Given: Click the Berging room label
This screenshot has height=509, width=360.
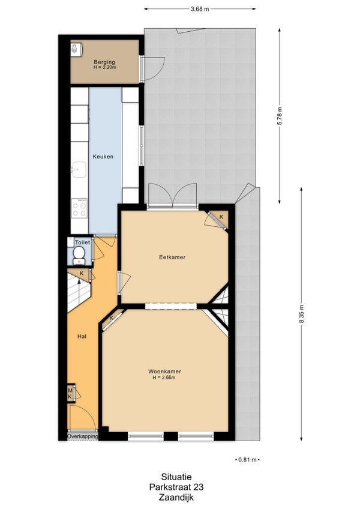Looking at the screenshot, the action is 104,62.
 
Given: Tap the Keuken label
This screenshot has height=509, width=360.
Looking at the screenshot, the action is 103,157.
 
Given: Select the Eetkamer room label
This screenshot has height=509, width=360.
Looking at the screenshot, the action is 172,257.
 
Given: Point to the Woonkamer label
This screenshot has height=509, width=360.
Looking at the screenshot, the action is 164,372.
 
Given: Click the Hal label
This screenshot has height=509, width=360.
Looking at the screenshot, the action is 82,337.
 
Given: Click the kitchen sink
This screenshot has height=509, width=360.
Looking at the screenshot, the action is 79,169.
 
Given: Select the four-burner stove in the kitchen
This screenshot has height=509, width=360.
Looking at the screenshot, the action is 79,208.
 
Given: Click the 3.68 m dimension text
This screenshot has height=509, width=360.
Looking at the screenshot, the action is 200,9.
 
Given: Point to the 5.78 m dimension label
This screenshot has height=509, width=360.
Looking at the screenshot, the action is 280,116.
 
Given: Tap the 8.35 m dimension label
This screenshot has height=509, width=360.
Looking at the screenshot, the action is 302,314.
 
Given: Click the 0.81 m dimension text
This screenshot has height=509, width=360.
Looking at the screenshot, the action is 247,460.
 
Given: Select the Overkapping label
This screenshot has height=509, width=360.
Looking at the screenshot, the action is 82,436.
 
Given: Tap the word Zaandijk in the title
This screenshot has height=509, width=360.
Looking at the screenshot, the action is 176,497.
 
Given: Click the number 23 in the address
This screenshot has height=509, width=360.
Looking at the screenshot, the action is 199,487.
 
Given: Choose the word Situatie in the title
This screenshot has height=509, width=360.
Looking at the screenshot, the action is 176,477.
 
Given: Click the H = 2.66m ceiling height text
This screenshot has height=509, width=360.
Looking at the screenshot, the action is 164,377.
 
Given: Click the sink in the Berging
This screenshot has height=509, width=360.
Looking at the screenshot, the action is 75,49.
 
